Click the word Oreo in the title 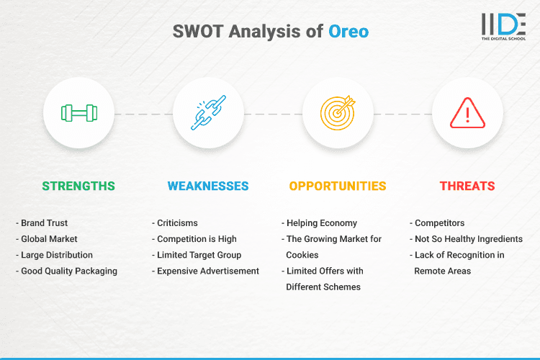[x=349, y=32]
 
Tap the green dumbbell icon [x=78, y=113]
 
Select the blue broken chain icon [x=208, y=113]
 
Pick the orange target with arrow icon [x=338, y=113]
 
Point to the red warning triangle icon [x=467, y=113]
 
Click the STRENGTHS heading [x=78, y=186]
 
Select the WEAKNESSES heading [x=208, y=186]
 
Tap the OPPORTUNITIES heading [x=338, y=186]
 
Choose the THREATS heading [x=467, y=186]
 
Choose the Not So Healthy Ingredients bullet [x=468, y=239]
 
